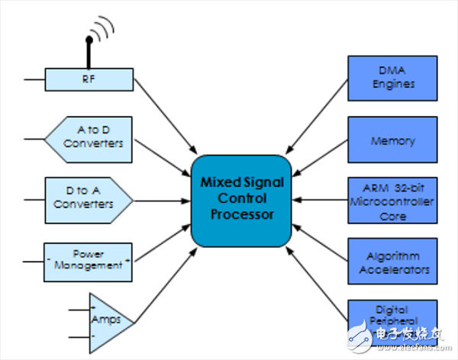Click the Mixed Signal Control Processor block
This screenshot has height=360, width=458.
241,201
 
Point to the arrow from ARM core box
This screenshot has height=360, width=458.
321,201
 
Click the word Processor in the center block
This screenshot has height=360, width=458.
241,214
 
